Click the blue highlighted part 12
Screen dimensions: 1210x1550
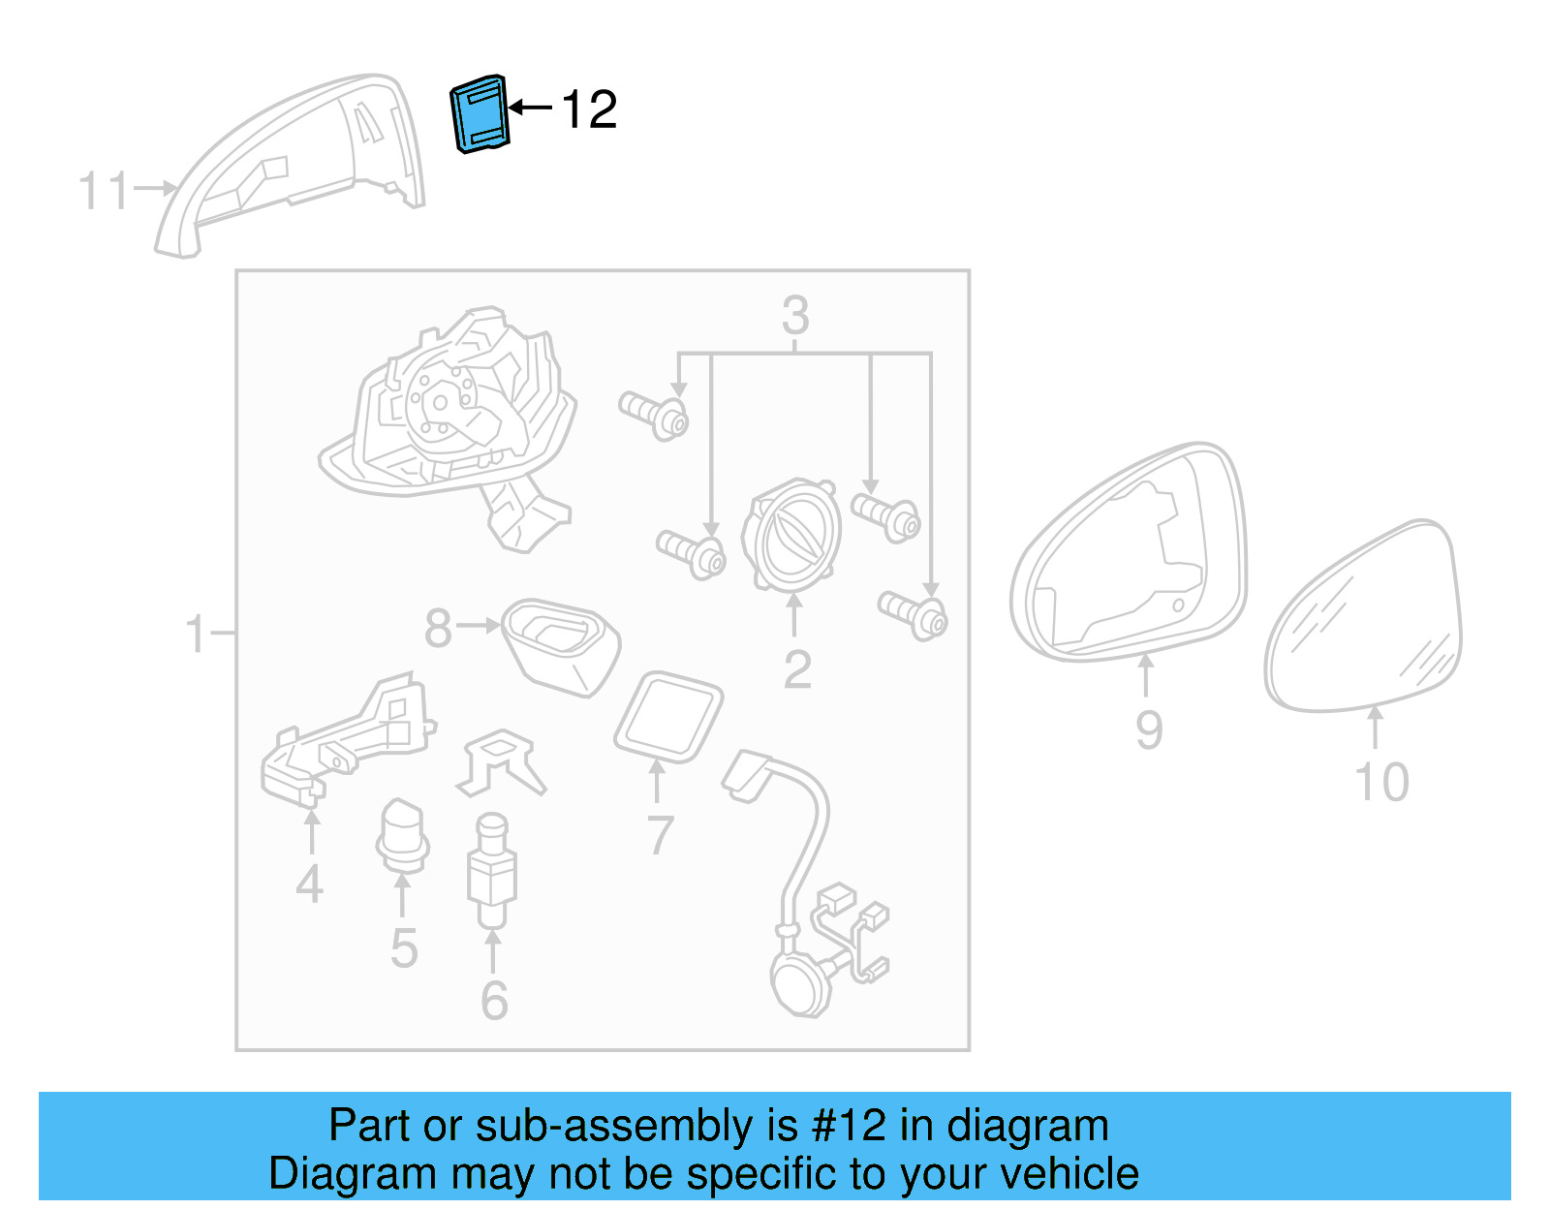pos(480,113)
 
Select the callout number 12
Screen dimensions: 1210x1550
pos(588,109)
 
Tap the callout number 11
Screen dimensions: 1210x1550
pos(103,191)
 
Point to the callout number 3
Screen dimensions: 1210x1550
pos(794,315)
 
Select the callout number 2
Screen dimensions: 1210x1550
pos(796,668)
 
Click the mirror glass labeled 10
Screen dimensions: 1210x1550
pos(1364,620)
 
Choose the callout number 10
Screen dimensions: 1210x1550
pos(1380,782)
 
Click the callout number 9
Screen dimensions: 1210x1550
pos(1148,729)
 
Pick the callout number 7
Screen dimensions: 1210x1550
pos(659,834)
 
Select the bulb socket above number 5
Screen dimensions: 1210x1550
pos(402,836)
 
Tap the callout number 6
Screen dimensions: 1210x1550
pos(494,1000)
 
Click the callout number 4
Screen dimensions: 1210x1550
pos(309,884)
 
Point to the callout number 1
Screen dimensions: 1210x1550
pos(196,635)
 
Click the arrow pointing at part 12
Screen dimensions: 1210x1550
pos(530,108)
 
